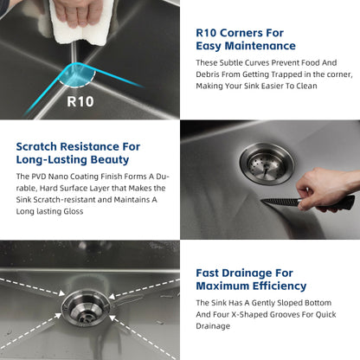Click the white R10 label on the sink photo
pyautogui.click(x=80, y=101)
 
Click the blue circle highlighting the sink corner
pyautogui.click(x=77, y=74)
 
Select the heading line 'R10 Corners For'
pyautogui.click(x=240, y=33)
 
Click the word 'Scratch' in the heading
pyautogui.click(x=36, y=146)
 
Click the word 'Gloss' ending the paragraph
pyautogui.click(x=74, y=211)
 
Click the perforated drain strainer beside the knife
pyautogui.click(x=267, y=164)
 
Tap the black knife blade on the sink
pyautogui.click(x=280, y=202)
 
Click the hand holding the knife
pyautogui.click(x=326, y=188)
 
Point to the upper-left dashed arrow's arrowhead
pyautogui.click(x=61, y=293)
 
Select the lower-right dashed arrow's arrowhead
pyautogui.click(x=112, y=318)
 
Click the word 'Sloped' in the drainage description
pyautogui.click(x=290, y=303)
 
